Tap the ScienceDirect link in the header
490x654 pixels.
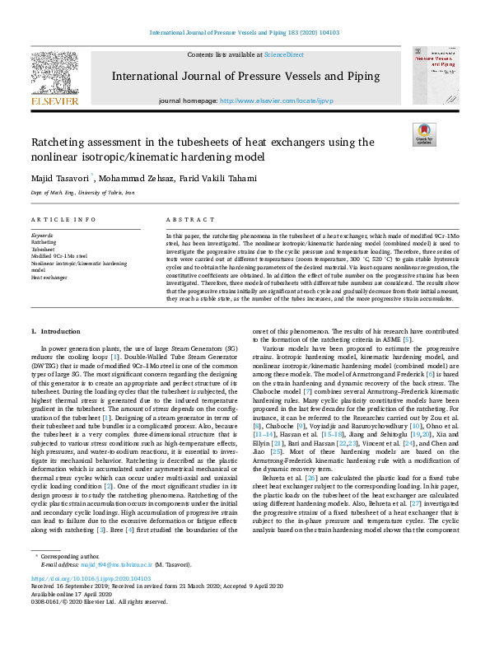[283, 54]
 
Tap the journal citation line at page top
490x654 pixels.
[245, 33]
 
